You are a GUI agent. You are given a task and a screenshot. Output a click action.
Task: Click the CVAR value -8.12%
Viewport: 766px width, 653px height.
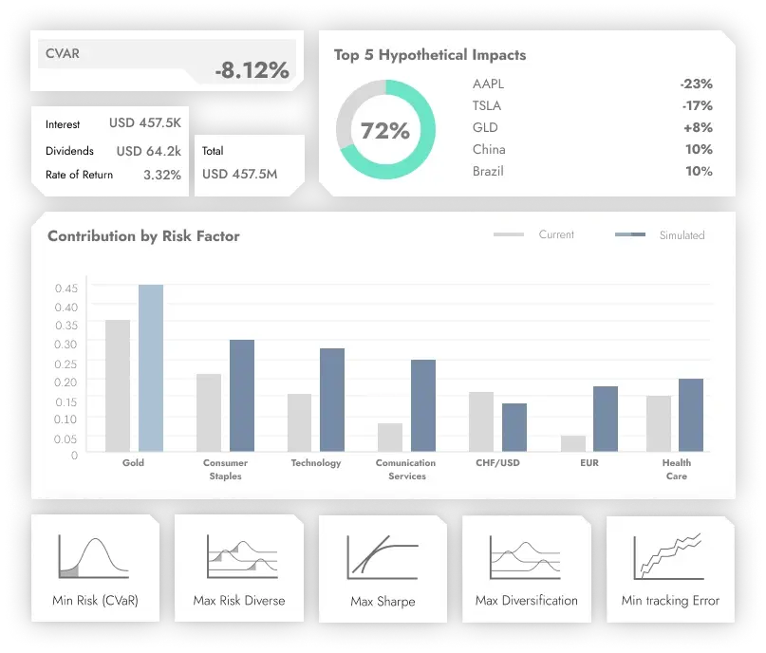tap(251, 70)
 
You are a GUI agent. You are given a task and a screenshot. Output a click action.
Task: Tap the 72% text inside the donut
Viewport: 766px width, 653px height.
tap(384, 131)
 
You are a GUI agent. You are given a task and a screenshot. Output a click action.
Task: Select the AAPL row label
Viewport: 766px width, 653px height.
tap(488, 84)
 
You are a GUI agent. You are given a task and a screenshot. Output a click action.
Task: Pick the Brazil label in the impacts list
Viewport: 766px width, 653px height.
tap(488, 171)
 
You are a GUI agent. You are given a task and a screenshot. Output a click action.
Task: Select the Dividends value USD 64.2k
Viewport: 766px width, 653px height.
tap(148, 151)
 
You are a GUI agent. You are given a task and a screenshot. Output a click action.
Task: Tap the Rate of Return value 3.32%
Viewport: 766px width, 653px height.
tap(161, 175)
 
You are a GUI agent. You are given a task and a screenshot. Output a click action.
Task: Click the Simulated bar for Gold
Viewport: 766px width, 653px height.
tap(151, 368)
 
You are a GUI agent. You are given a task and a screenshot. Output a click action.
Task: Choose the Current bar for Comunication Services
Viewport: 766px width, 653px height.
tap(390, 437)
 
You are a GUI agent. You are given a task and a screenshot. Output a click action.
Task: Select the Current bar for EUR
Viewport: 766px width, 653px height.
tap(572, 443)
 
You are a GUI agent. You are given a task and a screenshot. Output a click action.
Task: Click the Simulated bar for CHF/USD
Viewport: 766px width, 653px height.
tap(514, 427)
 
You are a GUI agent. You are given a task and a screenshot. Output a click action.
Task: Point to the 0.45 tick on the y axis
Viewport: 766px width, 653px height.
tap(65, 289)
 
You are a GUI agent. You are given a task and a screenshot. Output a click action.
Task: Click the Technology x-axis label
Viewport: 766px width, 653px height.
tap(316, 463)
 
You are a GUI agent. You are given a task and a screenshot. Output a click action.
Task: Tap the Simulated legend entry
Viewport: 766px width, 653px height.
tap(681, 234)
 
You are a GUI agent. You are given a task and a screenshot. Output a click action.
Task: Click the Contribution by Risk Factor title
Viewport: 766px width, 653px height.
tap(143, 236)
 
